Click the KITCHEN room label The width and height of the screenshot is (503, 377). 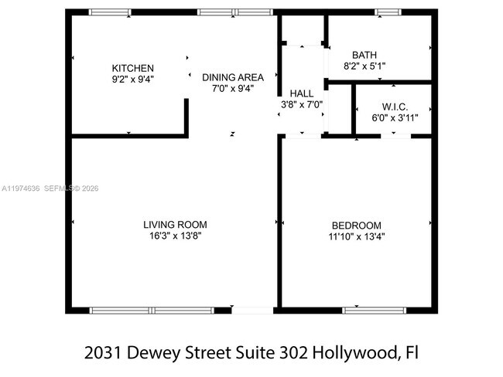132,68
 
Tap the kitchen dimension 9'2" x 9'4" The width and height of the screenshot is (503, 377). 132,79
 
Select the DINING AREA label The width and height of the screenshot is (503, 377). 233,77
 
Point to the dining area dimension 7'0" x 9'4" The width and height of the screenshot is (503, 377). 233,88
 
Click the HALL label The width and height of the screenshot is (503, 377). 301,93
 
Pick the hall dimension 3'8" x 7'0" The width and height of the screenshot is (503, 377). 301,104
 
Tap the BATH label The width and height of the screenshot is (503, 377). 364,55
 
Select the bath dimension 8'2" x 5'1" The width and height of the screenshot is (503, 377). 364,66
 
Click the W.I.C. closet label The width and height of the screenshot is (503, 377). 395,107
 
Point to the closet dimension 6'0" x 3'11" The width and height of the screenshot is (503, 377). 395,117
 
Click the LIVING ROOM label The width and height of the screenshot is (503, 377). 175,225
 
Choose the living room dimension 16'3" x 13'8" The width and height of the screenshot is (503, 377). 175,236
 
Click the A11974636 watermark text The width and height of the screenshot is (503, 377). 20,188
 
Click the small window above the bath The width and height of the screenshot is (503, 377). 385,12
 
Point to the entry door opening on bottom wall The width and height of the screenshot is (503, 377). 253,311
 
